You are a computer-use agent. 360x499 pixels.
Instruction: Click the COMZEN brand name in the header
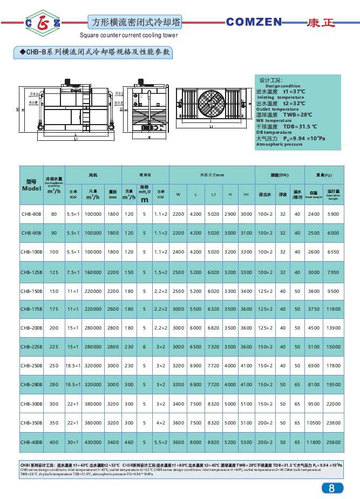pos(254,22)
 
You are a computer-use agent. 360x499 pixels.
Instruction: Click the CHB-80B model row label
pos(32,214)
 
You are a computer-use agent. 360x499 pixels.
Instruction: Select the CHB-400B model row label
pos(32,442)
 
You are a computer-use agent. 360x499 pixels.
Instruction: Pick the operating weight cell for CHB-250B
pos(333,366)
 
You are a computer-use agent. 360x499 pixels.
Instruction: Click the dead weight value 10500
pos(313,423)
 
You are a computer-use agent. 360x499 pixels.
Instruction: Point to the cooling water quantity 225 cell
pos(54,347)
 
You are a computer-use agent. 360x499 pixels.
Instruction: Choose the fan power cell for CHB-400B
pos(73,442)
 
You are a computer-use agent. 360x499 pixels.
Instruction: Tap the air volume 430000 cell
pos(93,442)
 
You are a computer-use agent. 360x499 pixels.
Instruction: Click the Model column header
pos(32,186)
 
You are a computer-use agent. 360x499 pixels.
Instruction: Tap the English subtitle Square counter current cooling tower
pos(128,35)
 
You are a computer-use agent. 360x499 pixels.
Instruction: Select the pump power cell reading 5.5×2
pos(160,442)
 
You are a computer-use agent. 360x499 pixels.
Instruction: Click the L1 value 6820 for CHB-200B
pos(213,328)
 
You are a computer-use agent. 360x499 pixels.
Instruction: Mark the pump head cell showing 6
pos(144,347)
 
